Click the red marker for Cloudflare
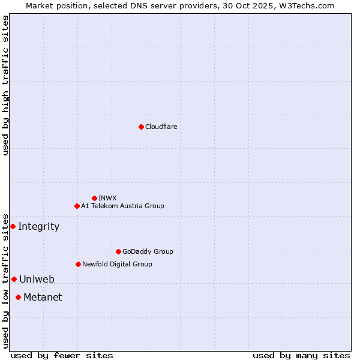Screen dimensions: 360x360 pos(141,127)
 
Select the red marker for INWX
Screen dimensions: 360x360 pos(94,198)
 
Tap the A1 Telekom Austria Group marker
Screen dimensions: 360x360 pos(77,206)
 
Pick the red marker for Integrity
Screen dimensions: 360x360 pos(13,226)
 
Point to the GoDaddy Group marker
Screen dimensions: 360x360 pos(118,251)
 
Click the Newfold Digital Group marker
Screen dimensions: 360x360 pos(78,264)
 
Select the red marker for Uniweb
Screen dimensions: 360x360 pos(14,279)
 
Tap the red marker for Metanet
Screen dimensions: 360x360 pos(18,297)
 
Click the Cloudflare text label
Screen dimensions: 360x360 pos(161,127)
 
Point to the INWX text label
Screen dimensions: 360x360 pos(108,198)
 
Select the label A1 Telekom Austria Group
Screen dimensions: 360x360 pos(122,206)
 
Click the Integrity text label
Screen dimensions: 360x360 pos(39,226)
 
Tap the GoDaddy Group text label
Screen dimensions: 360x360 pos(148,251)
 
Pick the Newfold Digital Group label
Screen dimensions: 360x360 pos(117,264)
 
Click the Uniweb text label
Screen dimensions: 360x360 pos(37,279)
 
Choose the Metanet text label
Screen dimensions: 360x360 pos(43,297)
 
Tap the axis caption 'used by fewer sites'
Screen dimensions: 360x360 pos(62,355)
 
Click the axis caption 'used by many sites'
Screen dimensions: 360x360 pos(301,355)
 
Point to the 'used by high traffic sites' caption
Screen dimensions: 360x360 pos(5,85)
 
